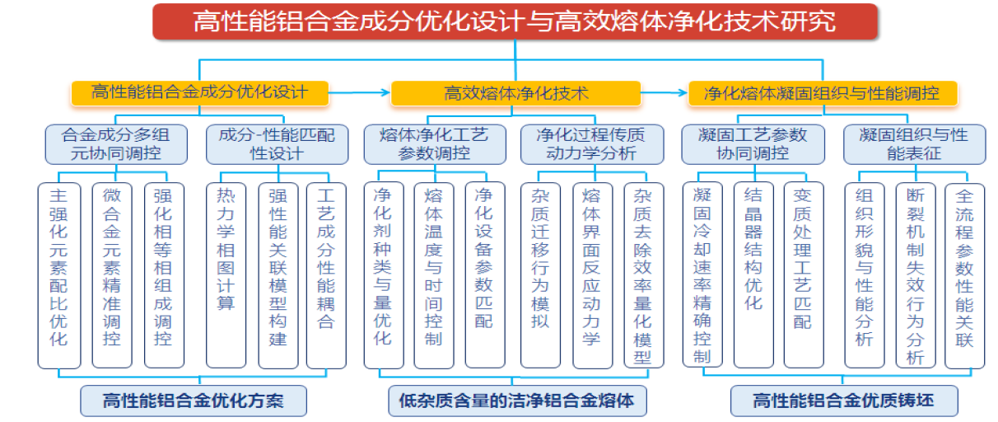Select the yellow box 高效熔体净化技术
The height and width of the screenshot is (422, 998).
click(x=515, y=93)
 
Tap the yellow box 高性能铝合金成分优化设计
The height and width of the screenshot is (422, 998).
click(x=199, y=92)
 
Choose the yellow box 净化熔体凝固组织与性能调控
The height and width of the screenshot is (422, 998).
click(x=823, y=93)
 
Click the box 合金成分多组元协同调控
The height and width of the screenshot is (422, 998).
click(x=114, y=143)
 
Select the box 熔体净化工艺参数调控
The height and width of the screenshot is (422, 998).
click(x=433, y=143)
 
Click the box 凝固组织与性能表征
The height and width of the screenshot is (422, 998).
click(x=913, y=143)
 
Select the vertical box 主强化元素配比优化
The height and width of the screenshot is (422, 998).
click(x=59, y=274)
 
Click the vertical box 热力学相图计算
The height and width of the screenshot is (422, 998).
click(x=226, y=274)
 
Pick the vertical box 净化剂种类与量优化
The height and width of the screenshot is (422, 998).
click(x=383, y=274)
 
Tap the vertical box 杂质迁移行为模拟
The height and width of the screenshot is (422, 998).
click(x=540, y=274)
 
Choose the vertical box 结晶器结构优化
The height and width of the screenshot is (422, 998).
click(x=753, y=274)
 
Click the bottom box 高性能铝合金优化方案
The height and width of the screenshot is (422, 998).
click(x=194, y=401)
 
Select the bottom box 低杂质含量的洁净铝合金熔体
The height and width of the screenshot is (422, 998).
click(x=516, y=401)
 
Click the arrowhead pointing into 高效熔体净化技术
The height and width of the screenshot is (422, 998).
click(x=385, y=93)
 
